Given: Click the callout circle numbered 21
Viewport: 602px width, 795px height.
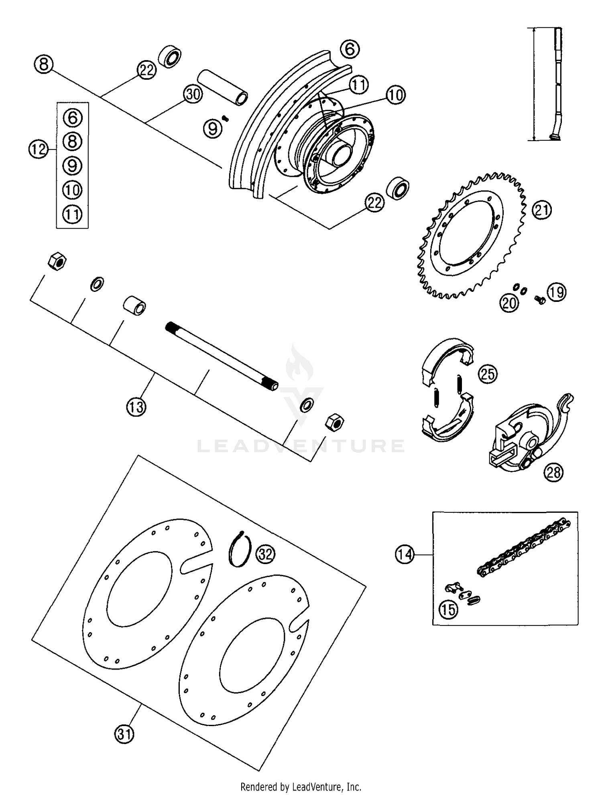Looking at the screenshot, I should pos(542,210).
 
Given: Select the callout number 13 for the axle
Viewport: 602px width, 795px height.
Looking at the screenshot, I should pos(136,407).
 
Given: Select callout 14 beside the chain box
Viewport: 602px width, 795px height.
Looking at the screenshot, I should pos(404,554).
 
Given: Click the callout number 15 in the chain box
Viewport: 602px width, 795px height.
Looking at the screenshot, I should pos(448,610).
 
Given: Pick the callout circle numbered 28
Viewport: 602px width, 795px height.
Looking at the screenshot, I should pos(553,472).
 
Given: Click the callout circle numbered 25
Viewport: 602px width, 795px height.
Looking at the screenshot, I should pos(488,374).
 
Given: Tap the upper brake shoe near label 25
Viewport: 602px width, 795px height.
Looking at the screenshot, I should pos(447,355).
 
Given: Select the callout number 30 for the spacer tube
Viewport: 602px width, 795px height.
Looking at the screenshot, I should pos(193,94).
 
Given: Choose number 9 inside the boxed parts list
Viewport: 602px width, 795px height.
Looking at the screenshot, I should pos(72,166).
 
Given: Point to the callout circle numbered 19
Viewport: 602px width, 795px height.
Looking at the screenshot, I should pos(557,292).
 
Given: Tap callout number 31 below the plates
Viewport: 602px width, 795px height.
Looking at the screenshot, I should pos(124,734).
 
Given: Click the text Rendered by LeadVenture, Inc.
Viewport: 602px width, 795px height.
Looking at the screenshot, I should pos(301,787).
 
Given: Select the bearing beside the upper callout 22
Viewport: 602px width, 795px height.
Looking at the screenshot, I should pos(170,56).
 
